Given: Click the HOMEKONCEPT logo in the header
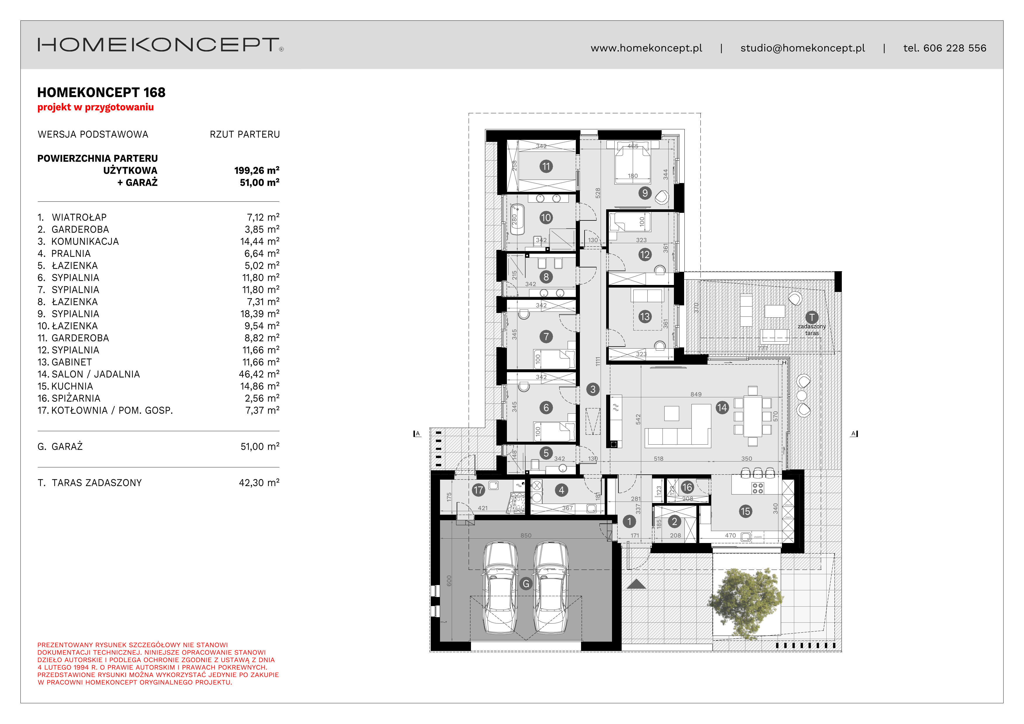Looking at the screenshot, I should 161,45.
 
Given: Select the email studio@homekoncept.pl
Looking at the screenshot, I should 802,48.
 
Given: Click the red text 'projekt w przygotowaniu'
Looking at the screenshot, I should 95,107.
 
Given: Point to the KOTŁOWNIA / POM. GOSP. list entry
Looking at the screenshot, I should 105,410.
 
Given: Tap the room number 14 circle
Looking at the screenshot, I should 722,408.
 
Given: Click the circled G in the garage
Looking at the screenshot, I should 526,584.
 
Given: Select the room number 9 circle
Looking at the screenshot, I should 644,193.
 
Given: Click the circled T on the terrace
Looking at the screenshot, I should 812,317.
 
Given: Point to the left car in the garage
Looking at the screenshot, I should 500,587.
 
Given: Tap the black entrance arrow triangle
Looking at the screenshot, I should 636,584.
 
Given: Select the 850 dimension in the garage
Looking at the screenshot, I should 526,535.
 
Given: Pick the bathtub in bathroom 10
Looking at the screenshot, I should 517,219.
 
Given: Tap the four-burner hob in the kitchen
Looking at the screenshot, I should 758,488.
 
